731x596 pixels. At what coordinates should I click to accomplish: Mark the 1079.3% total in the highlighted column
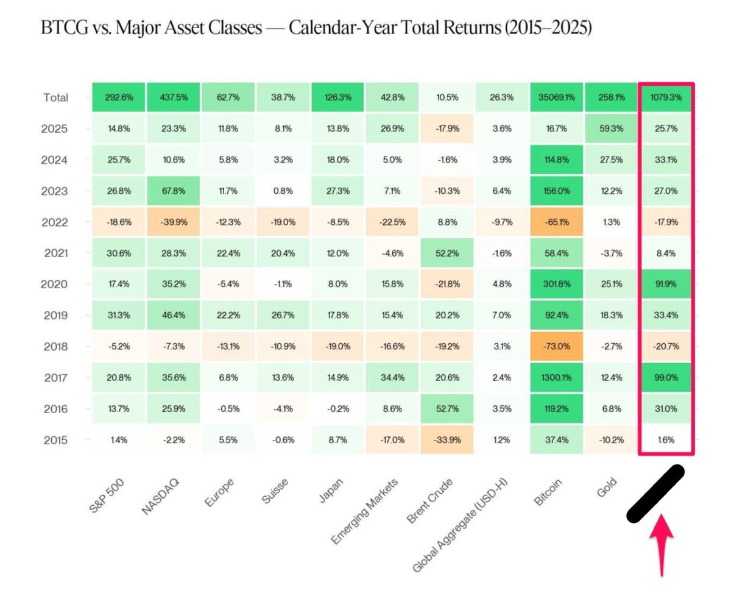coord(666,98)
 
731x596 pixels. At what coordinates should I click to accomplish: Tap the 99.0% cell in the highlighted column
coord(666,378)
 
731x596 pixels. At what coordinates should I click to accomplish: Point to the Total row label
coord(56,98)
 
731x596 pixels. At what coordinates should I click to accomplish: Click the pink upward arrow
coord(661,542)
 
